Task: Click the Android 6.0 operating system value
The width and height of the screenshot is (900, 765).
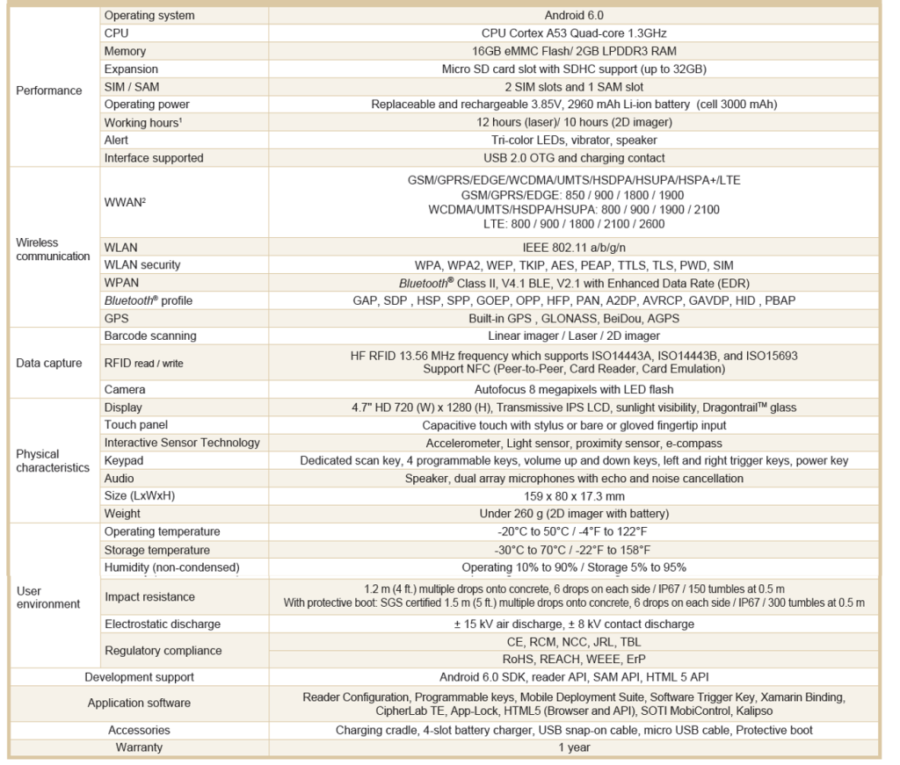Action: point(573,15)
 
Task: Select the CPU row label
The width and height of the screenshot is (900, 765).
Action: point(116,33)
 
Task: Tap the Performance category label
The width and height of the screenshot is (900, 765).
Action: point(49,90)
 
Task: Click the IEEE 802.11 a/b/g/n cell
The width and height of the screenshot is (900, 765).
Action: point(573,248)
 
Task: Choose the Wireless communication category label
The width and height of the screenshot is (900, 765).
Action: point(53,249)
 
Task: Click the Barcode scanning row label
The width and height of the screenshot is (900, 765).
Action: point(149,336)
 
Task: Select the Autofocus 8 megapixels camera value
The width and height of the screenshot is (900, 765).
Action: point(573,389)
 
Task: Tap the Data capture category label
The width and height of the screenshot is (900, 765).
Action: point(49,363)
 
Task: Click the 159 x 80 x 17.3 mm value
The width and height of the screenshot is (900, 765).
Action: point(573,496)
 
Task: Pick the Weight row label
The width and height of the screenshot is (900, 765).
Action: point(122,514)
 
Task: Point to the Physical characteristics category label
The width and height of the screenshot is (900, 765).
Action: point(53,461)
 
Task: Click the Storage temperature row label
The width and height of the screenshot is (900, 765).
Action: point(156,550)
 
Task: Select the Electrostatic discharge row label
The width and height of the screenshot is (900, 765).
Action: point(162,624)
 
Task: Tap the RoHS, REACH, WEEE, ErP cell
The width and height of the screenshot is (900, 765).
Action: point(573,660)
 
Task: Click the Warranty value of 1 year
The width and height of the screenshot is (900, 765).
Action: point(573,747)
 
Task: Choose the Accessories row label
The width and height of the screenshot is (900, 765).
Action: point(139,730)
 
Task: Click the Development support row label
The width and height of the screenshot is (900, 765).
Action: point(139,677)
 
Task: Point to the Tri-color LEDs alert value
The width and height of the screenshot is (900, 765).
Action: point(573,140)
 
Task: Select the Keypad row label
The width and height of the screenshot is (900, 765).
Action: point(123,460)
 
